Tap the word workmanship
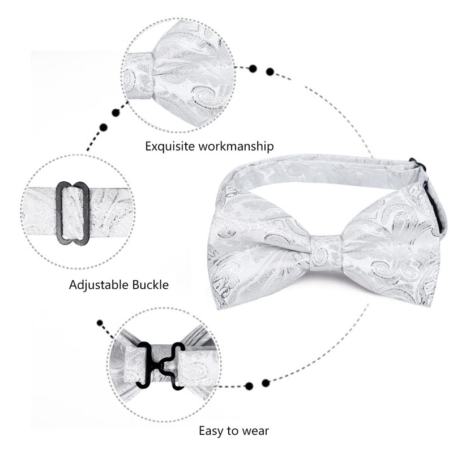pyautogui.click(x=236, y=146)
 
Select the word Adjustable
pyautogui.click(x=99, y=285)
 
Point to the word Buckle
pyautogui.click(x=151, y=285)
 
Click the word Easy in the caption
pyautogui.click(x=211, y=431)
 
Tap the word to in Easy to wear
pyautogui.click(x=232, y=431)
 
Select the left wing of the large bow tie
pyautogui.click(x=260, y=249)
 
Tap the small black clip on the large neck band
pyautogui.click(x=417, y=164)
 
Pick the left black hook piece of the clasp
pyautogui.click(x=146, y=365)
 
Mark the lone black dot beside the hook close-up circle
pyautogui.click(x=100, y=323)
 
